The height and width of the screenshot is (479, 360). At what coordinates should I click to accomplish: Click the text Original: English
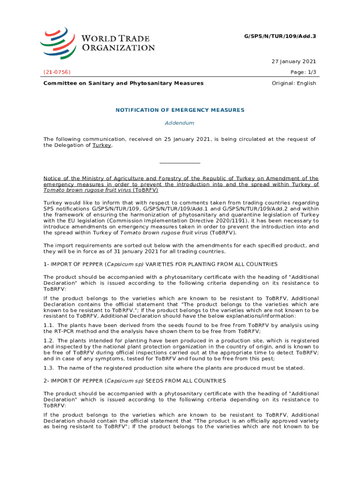(x=294, y=83)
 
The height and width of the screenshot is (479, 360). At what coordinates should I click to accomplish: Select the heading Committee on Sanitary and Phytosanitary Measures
(x=123, y=83)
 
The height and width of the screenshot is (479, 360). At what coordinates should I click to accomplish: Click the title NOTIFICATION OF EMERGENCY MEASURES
(x=180, y=110)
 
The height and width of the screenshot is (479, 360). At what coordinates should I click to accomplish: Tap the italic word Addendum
(x=180, y=123)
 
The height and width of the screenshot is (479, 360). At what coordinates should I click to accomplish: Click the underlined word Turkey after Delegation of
(x=102, y=145)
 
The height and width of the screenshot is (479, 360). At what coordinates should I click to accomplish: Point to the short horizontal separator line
(x=180, y=163)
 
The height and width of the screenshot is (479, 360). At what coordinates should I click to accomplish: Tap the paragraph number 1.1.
(x=49, y=325)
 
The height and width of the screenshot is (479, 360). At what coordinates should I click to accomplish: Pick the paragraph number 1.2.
(x=49, y=340)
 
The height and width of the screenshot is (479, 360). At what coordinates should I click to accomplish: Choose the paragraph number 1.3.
(x=49, y=368)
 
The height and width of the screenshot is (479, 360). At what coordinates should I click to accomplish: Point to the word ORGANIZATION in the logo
(x=118, y=47)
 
